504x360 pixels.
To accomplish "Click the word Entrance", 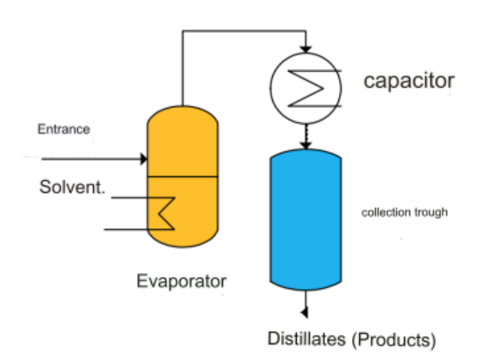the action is point(63,129).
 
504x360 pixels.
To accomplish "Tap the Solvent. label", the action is point(72,187).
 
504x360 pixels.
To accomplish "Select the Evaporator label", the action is point(182,281).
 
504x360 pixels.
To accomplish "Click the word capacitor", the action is point(409,82).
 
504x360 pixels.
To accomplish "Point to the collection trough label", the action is point(405,212).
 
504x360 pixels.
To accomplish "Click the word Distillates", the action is point(306,339).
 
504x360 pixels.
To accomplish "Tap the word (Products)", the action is point(394,340).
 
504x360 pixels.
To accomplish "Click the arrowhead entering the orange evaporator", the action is point(144,159).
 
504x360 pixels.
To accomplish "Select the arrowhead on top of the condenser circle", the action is point(306,49).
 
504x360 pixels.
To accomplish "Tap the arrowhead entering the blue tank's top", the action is point(306,145).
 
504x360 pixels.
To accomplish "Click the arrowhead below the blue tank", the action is point(305,312).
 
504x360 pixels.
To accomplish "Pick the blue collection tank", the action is point(306,220).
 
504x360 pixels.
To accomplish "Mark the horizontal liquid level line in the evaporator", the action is point(183,176).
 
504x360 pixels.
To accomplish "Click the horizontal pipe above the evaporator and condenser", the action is point(244,32).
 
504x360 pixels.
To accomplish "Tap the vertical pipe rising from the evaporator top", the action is point(183,68).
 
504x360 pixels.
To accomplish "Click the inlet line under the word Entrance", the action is point(91,159).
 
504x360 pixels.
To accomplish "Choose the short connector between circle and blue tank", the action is point(306,133).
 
